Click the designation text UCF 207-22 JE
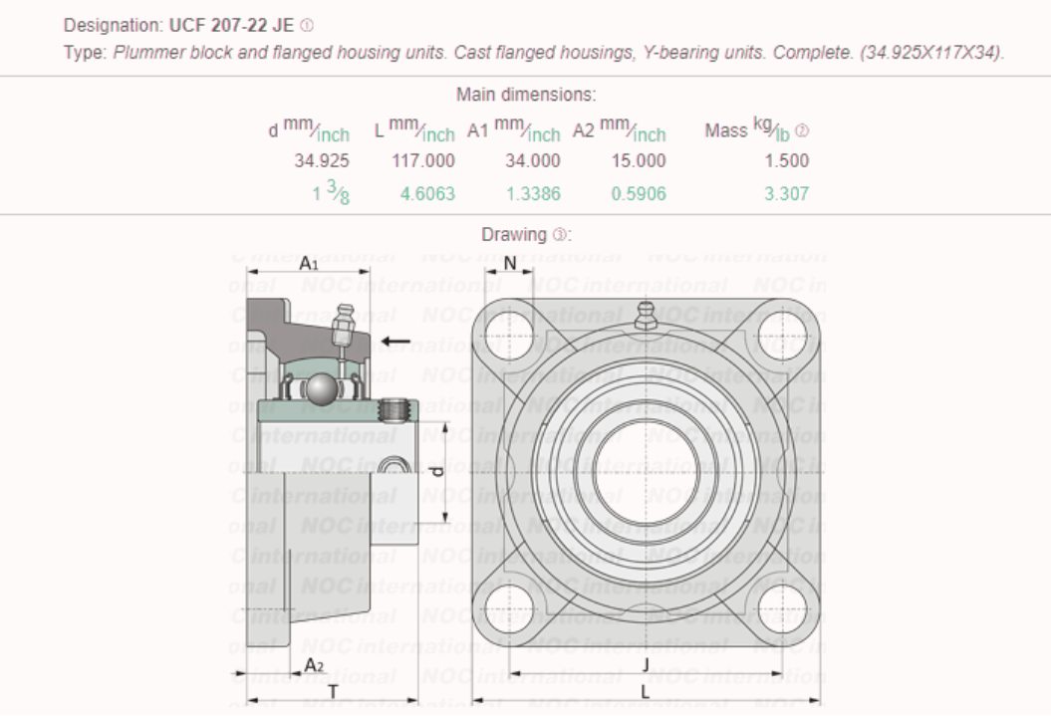(232, 25)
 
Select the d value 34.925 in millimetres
(322, 160)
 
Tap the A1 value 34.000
(533, 160)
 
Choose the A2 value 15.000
(638, 160)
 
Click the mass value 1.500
(787, 160)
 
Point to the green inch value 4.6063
(427, 193)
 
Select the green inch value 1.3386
(533, 193)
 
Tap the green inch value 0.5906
(638, 193)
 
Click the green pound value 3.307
(787, 193)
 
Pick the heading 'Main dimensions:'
(526, 95)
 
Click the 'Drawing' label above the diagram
(514, 235)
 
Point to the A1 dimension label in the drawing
(309, 263)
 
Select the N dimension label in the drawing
(510, 263)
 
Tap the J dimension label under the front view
(646, 664)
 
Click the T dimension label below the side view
(333, 690)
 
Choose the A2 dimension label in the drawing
(313, 664)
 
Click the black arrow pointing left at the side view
(395, 344)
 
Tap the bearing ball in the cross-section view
(321, 387)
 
